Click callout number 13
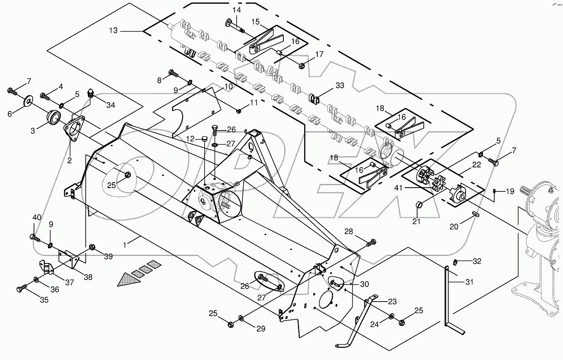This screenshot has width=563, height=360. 114,31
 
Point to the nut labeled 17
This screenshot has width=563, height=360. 302,65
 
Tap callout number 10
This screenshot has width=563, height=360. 229,87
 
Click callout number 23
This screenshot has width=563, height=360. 392,302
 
